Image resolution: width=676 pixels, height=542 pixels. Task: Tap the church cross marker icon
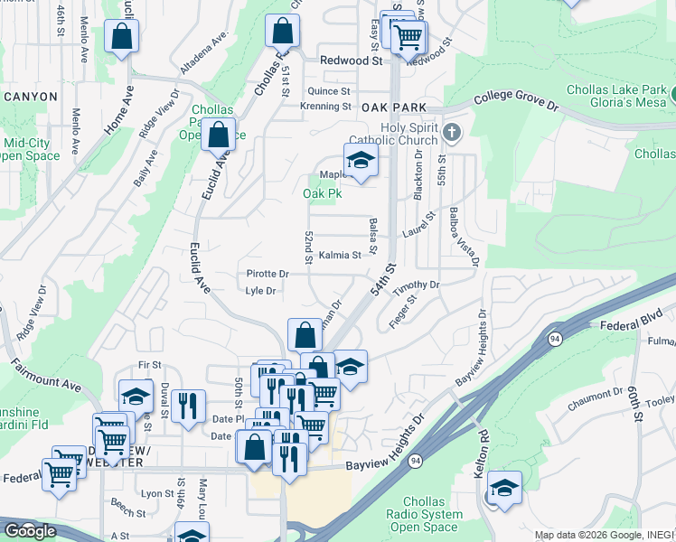(452, 134)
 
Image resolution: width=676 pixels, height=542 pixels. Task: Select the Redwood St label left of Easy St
(352, 61)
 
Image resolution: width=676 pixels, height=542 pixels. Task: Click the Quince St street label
(328, 91)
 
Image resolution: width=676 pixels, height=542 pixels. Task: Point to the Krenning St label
(325, 107)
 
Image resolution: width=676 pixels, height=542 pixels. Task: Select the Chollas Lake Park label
(618, 90)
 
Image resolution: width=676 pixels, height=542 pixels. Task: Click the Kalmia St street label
(340, 256)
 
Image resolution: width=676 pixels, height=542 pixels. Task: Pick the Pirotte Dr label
(268, 274)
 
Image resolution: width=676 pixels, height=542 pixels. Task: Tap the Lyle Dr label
(260, 291)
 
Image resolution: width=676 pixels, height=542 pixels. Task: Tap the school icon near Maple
(361, 159)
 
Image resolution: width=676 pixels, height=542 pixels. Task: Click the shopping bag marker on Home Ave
(121, 37)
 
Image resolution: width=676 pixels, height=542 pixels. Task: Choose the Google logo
(30, 531)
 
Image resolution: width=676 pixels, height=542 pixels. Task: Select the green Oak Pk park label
(321, 193)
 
